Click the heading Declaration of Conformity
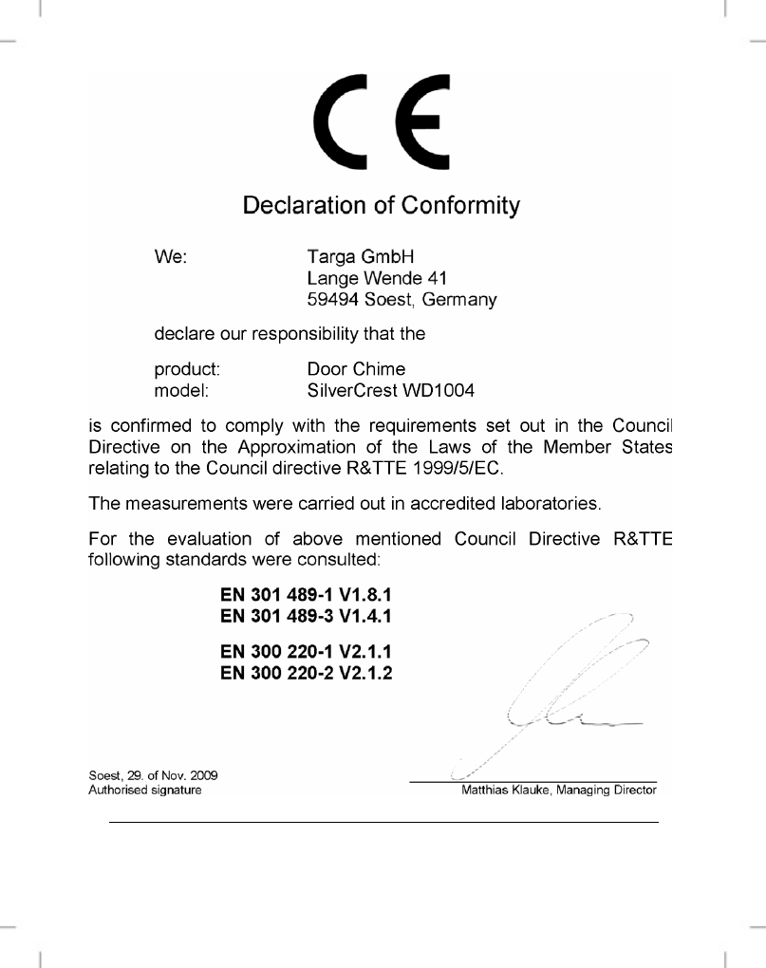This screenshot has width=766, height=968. [x=382, y=205]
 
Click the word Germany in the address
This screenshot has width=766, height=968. [x=459, y=301]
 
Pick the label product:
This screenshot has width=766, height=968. [x=187, y=368]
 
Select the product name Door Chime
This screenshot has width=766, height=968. [x=356, y=368]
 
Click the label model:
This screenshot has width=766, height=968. [x=181, y=389]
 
